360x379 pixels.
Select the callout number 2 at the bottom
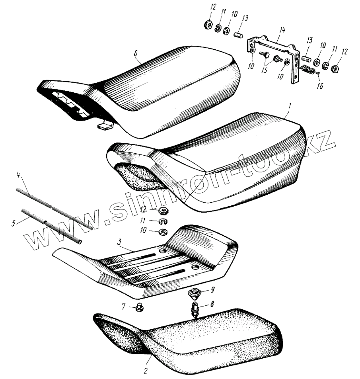[146, 371]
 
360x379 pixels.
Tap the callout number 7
[123, 306]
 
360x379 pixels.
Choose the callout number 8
[212, 304]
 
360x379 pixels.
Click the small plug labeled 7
[139, 308]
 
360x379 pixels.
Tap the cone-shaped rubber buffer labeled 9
[195, 294]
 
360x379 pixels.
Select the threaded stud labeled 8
[195, 309]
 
